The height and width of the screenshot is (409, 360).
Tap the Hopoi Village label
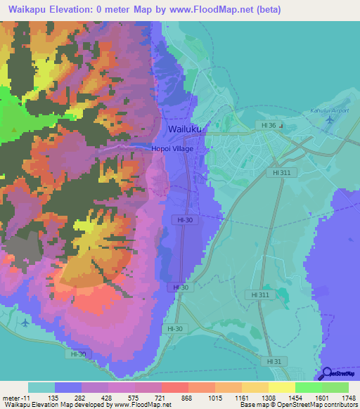coord(172,148)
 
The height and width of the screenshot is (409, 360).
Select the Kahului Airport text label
coord(329,111)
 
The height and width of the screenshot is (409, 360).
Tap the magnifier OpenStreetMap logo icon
coord(326,374)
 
